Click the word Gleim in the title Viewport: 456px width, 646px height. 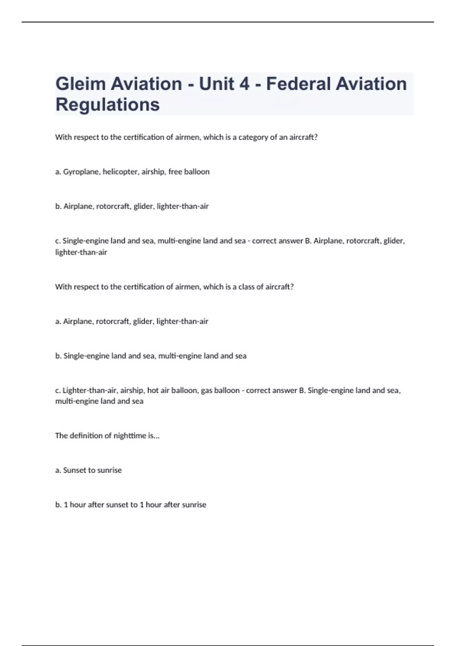tap(80, 84)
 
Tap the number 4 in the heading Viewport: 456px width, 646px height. tap(244, 84)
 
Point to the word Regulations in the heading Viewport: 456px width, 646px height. tap(108, 104)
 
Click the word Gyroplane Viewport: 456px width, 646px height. tap(82, 172)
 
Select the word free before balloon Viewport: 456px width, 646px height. tap(175, 172)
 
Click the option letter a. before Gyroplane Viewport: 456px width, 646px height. tap(58, 172)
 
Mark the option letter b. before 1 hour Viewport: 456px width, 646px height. tap(59, 505)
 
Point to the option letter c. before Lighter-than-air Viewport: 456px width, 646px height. tap(58, 390)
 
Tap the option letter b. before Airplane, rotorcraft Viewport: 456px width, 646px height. tap(59, 206)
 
